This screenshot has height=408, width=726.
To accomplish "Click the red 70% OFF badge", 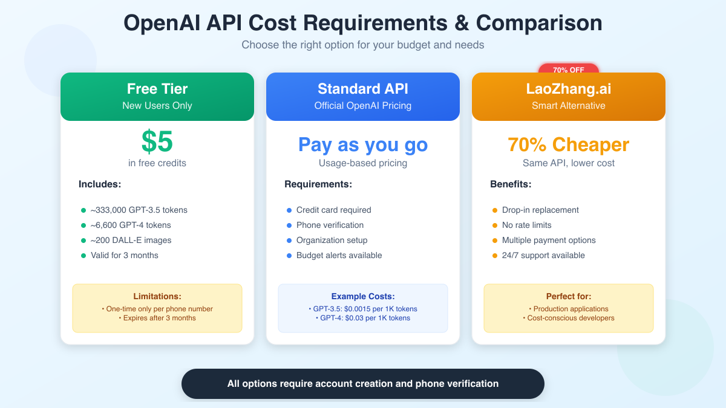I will click(x=568, y=69).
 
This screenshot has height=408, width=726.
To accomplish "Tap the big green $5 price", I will click(x=157, y=142).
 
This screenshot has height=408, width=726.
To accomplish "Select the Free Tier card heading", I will click(x=157, y=89).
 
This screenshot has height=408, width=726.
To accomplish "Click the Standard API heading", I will click(x=363, y=89).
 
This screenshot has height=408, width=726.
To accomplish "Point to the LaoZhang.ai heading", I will click(x=569, y=89).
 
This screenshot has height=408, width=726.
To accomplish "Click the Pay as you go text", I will click(x=363, y=145).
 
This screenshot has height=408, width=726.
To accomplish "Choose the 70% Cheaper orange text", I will click(x=569, y=145).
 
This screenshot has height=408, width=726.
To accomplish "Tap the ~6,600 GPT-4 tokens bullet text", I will click(x=131, y=225).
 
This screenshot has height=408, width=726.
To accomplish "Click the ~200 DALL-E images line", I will click(x=131, y=240).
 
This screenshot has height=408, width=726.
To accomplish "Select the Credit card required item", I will click(x=333, y=210).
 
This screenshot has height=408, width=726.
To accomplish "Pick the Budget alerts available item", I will click(x=339, y=255).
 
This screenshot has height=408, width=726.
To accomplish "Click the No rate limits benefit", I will click(x=526, y=225).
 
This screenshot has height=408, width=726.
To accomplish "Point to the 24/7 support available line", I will click(x=543, y=255).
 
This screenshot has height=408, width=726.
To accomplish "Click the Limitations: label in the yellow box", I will click(x=157, y=296).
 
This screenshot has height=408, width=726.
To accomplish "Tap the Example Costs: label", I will click(x=363, y=296).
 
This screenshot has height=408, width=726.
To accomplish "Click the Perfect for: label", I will click(x=569, y=296).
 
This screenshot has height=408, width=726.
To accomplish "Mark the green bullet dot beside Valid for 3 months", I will click(x=83, y=256).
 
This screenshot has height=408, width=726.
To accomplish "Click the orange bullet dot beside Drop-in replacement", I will click(x=495, y=210).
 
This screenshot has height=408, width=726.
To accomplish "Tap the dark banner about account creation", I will click(x=363, y=384).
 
